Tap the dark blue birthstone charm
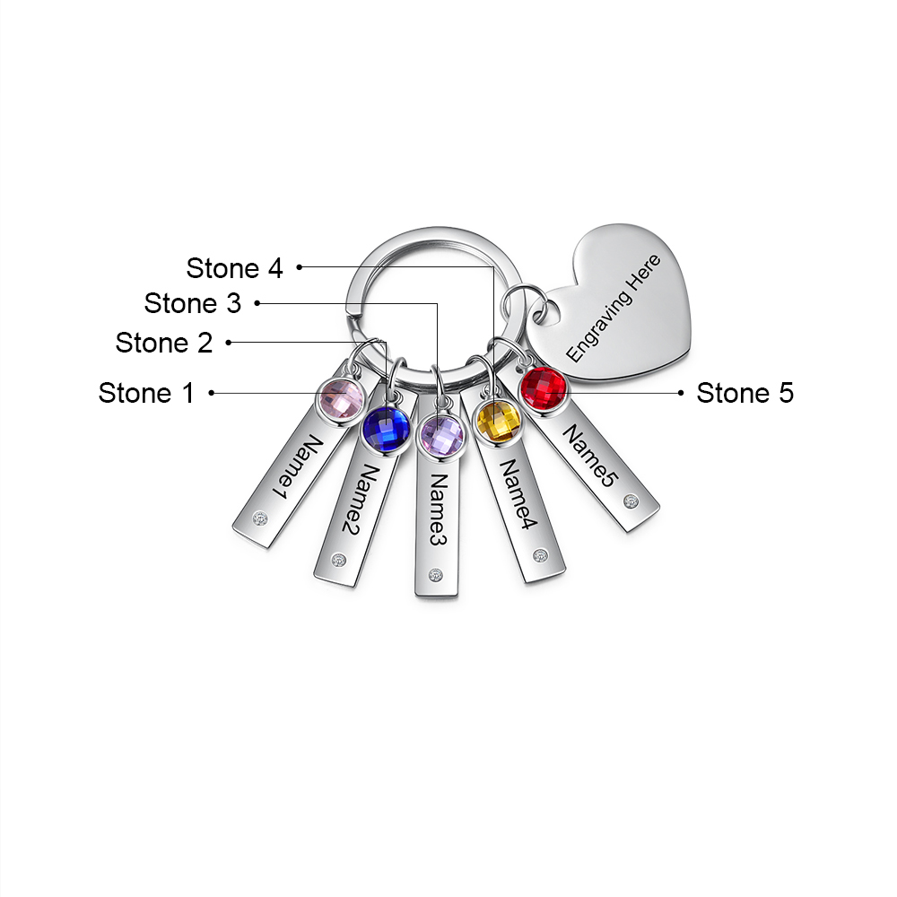coord(385,429)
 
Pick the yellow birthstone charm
coord(498,421)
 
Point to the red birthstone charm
coord(544,389)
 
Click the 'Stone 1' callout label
coord(146,392)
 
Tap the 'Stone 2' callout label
coord(164,342)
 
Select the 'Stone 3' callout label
coord(193,303)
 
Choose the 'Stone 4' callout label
coord(235,267)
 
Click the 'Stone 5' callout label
coord(745,392)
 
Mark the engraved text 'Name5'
coord(589,457)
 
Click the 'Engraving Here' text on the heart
coord(614,308)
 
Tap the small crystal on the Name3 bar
coord(437,576)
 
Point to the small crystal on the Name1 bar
coord(260,518)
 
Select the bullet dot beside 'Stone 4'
coord(300,266)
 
